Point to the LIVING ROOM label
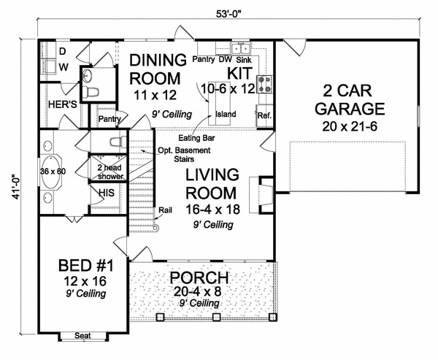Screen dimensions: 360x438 tap(210, 185)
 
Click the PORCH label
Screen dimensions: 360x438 tap(199, 278)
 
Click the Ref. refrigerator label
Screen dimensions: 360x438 tap(263, 115)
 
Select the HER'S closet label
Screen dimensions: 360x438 tap(64, 105)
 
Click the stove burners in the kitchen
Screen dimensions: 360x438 tap(266, 82)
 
